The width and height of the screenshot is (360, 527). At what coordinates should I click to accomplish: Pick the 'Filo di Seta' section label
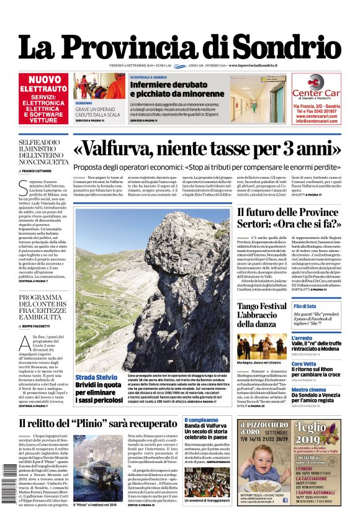[306, 307]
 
